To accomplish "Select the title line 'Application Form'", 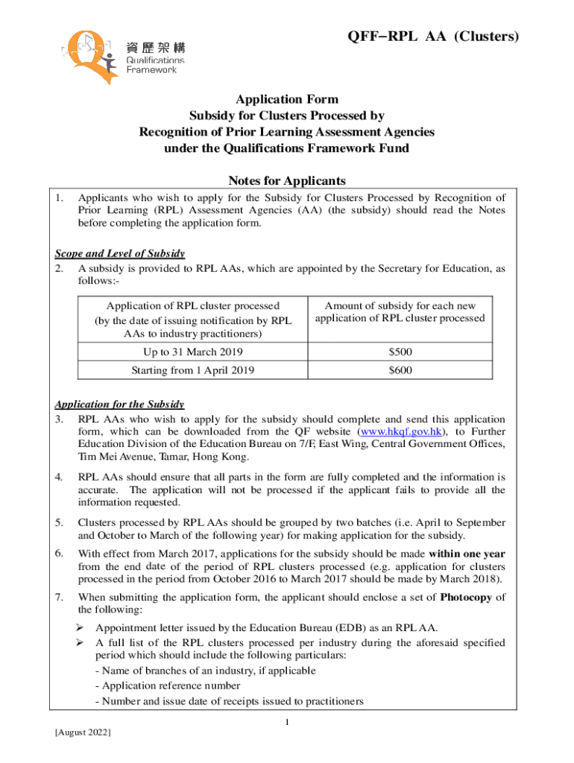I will (x=287, y=99).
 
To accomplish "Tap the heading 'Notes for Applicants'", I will (x=287, y=180).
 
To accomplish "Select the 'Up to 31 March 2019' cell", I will (x=192, y=352).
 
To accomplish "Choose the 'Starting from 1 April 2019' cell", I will (x=192, y=370).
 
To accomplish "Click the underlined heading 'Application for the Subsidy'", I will (x=119, y=405).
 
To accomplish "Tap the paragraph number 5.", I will (x=59, y=523).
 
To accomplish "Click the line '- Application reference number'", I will (x=168, y=686).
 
